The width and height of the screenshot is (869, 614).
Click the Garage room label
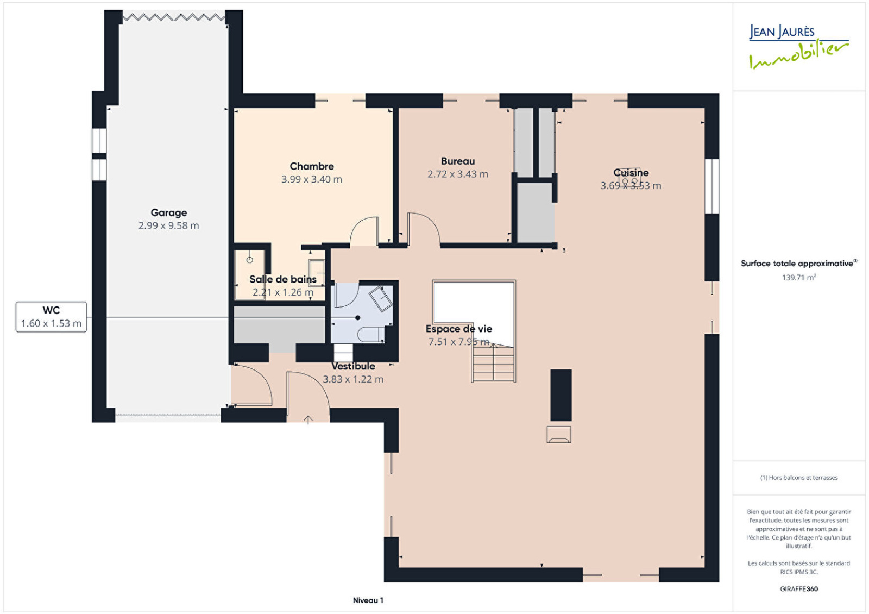click(x=169, y=212)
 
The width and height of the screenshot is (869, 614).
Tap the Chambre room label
click(x=312, y=166)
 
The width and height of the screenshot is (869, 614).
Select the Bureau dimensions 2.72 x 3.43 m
click(x=458, y=174)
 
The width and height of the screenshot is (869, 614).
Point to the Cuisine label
click(x=631, y=172)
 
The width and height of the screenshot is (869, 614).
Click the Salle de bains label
click(x=283, y=279)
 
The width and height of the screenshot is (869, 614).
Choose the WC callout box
click(x=51, y=317)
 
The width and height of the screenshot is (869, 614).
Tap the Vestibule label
click(x=353, y=366)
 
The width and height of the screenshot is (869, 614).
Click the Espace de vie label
click(x=459, y=329)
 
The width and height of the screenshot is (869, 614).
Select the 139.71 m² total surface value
click(x=799, y=277)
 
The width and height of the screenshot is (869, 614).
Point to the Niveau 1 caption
click(x=368, y=600)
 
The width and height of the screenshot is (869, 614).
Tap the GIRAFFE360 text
click(x=799, y=589)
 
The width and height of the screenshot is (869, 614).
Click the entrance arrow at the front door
click(x=308, y=419)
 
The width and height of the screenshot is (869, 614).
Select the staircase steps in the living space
click(x=494, y=362)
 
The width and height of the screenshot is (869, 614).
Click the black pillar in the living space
click(x=561, y=394)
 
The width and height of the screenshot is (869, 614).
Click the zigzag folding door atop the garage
click(x=174, y=17)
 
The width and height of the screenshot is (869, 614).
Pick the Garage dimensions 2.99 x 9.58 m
click(x=169, y=225)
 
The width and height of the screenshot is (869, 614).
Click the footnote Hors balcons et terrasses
click(x=799, y=478)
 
